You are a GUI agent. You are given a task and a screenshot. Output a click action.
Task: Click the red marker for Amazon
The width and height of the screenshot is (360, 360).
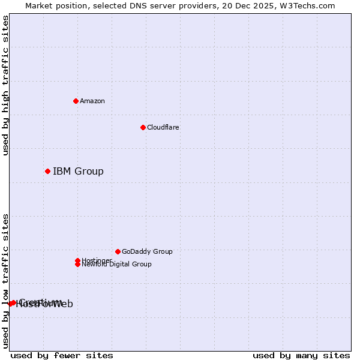pyautogui.click(x=76, y=101)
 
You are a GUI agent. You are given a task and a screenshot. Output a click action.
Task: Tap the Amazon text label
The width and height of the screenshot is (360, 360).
pyautogui.click(x=92, y=101)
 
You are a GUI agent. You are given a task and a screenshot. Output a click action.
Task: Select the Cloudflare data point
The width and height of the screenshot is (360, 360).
pyautogui.click(x=143, y=127)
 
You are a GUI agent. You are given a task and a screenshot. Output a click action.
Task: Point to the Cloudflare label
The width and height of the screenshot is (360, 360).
pyautogui.click(x=163, y=127)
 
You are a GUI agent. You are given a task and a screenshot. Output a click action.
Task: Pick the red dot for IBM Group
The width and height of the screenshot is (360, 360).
pyautogui.click(x=47, y=172)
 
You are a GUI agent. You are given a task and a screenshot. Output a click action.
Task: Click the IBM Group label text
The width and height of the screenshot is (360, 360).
pyautogui.click(x=78, y=172)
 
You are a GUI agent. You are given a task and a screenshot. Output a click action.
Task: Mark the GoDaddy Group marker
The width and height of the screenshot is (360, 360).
pyautogui.click(x=118, y=251)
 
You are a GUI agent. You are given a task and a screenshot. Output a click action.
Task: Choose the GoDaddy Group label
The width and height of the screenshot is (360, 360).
pyautogui.click(x=147, y=251)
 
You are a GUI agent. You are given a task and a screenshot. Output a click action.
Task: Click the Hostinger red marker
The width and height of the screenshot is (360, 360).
pyautogui.click(x=77, y=260)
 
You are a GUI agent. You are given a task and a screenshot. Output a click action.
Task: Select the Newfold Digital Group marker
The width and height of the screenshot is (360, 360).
pyautogui.click(x=77, y=265)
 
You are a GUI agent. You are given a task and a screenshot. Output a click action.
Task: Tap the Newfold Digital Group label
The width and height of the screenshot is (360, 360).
pyautogui.click(x=117, y=265)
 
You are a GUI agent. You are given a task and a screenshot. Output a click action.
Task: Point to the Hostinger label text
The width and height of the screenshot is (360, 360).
pyautogui.click(x=97, y=260)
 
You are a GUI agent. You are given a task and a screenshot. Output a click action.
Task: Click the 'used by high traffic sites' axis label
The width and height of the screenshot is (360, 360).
pyautogui.click(x=5, y=85)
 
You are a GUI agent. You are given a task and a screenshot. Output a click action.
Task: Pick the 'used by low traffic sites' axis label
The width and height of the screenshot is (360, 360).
pyautogui.click(x=5, y=281)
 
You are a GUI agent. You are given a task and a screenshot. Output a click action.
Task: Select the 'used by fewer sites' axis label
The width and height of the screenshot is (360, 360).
pyautogui.click(x=62, y=355)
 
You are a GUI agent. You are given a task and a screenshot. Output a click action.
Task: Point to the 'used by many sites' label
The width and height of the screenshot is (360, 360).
pyautogui.click(x=301, y=355)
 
